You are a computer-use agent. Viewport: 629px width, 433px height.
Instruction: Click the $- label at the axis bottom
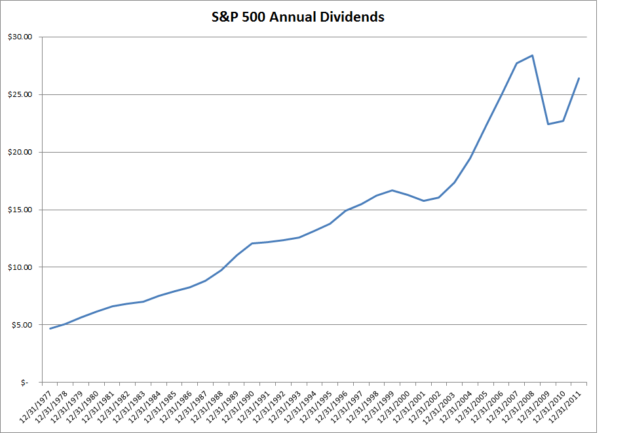25,383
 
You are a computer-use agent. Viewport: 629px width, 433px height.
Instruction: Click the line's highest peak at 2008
533,55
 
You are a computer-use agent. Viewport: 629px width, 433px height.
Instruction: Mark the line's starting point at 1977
50,328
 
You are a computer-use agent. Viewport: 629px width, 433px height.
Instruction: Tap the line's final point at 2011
579,78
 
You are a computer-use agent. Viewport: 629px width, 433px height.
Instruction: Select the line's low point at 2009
548,124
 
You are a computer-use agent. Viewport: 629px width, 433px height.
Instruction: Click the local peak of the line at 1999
392,190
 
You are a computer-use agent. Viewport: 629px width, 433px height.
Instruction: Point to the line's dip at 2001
423,200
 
